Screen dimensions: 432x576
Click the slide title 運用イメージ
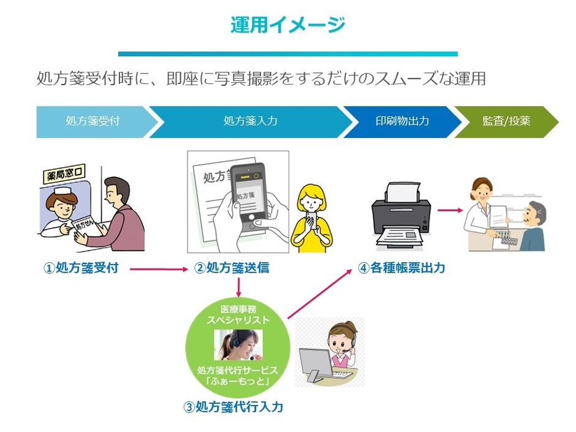tap(287, 25)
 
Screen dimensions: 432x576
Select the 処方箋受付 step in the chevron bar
tap(92, 121)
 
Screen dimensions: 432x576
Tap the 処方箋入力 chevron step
tap(250, 121)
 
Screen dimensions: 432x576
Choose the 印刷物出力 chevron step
tap(402, 121)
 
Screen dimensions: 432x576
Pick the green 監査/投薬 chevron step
tap(506, 121)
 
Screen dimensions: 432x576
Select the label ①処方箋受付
tap(80, 268)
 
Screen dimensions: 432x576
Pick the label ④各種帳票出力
tap(401, 268)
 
